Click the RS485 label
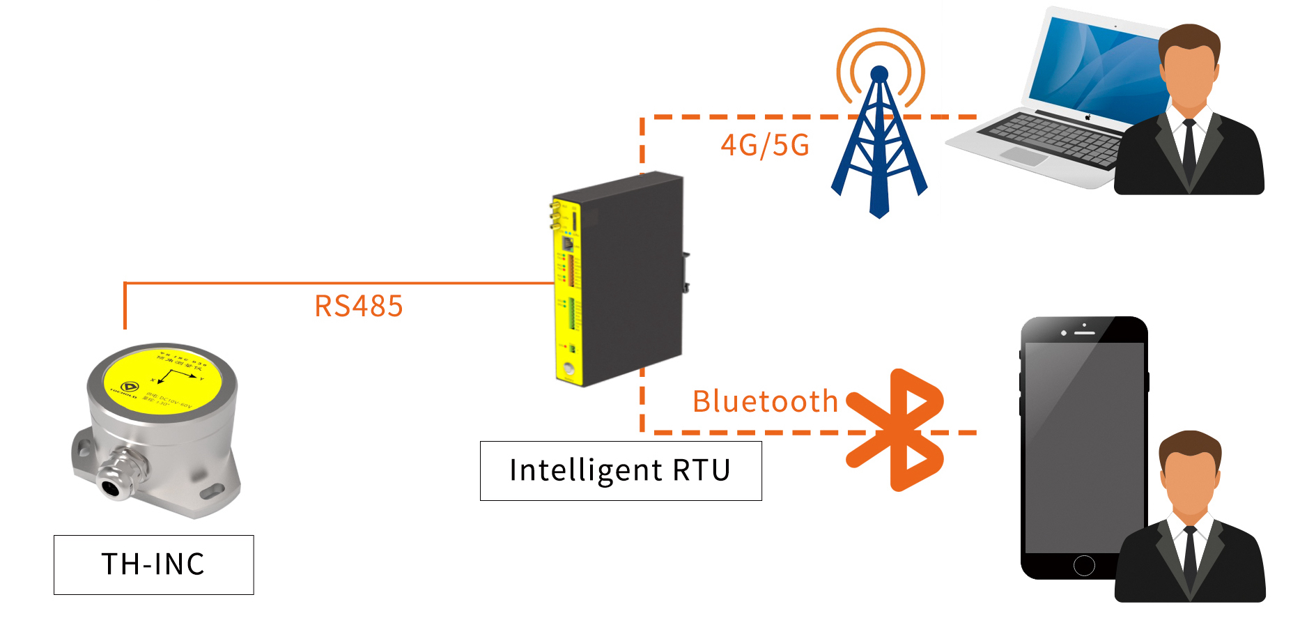[x=359, y=307]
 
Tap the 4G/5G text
[x=765, y=146]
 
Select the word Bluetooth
[x=765, y=401]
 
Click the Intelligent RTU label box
[x=621, y=471]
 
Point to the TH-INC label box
[x=154, y=565]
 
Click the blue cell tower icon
[x=879, y=146]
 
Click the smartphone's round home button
[x=1084, y=565]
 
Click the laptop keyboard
[x=1052, y=139]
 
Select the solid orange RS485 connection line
[x=334, y=283]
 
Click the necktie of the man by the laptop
[x=1189, y=146]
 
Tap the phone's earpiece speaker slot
[x=1085, y=333]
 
